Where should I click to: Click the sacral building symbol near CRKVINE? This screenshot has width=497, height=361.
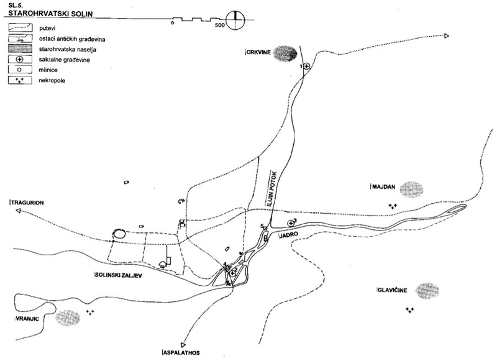tap(306, 66)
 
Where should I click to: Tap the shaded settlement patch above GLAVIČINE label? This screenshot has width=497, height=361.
tap(429, 290)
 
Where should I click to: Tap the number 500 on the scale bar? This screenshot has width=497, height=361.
tap(220, 25)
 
